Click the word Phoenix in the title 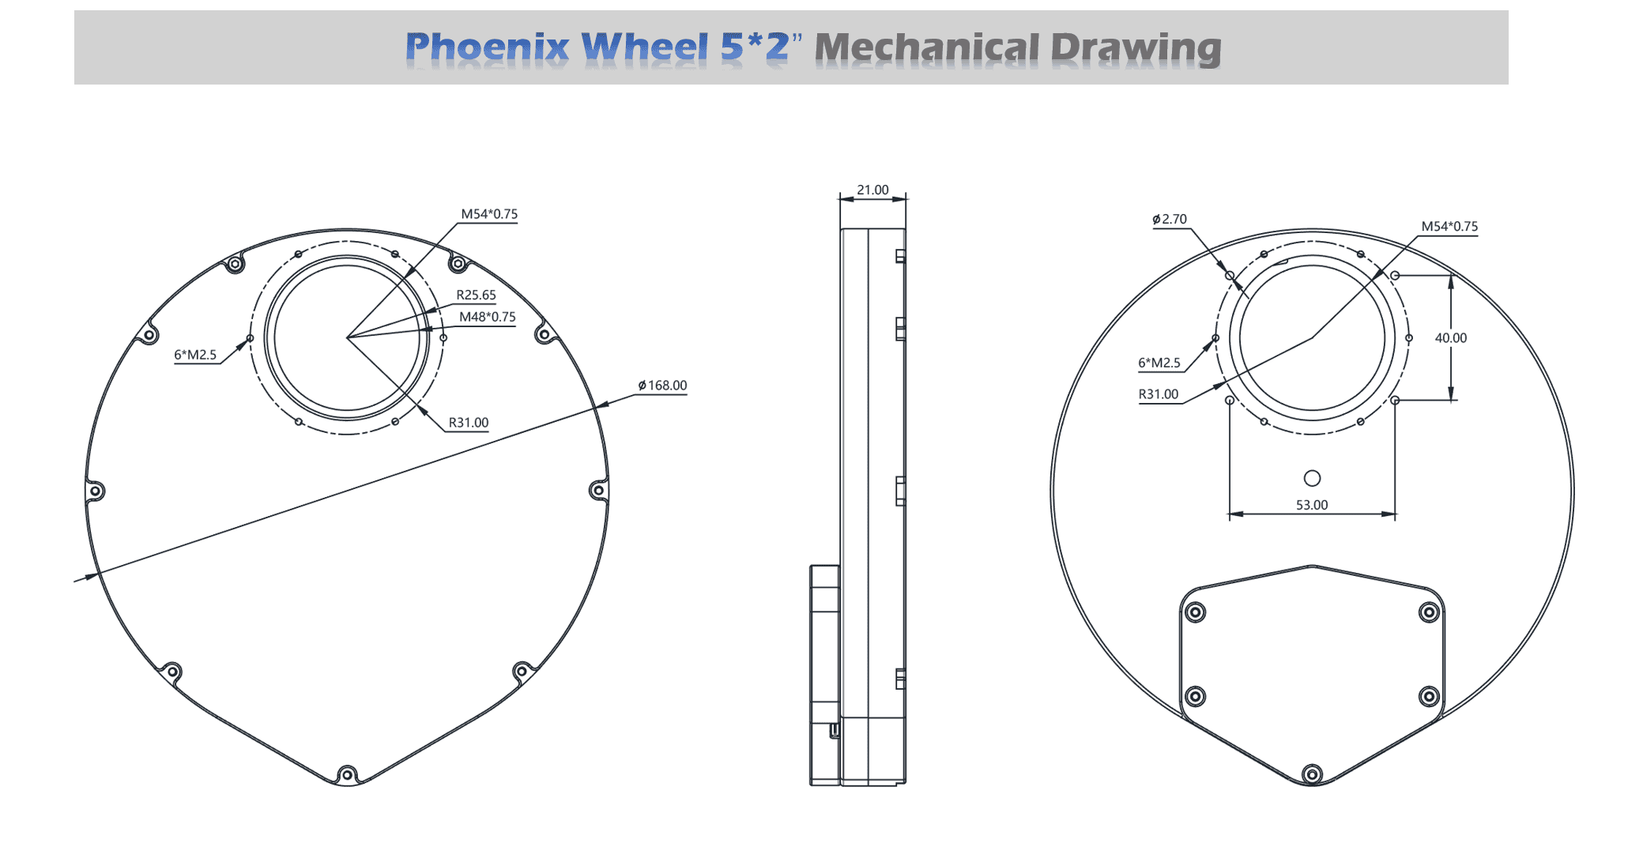point(487,47)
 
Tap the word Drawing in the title point(1136,48)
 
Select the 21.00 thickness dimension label point(872,190)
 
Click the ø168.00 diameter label point(662,386)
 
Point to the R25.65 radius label point(476,295)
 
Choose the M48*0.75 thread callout point(488,317)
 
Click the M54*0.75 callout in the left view point(489,214)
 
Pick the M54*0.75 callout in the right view point(1449,227)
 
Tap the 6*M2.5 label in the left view point(195,355)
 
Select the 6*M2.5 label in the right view point(1159,363)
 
